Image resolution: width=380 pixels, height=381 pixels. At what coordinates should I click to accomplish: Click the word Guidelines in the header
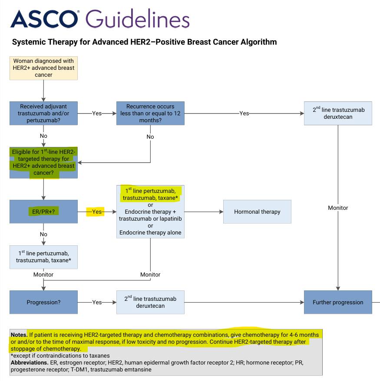pos(137,18)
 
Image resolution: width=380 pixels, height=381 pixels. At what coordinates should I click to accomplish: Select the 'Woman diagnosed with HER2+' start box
pos(43,68)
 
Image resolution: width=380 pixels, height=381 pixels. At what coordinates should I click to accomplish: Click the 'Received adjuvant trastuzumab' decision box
pos(43,113)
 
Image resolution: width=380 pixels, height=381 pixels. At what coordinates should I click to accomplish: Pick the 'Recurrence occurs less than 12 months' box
pos(150,113)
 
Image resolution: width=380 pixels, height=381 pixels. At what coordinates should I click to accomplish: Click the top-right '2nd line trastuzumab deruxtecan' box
pos(338,113)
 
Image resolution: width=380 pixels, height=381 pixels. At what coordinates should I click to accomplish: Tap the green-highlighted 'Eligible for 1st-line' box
pos(43,163)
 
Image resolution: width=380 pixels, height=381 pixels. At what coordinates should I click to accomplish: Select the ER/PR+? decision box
pos(43,212)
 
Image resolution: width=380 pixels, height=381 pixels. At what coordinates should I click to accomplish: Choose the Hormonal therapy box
pos(257,212)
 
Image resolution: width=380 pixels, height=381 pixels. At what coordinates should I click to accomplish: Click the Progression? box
pos(43,302)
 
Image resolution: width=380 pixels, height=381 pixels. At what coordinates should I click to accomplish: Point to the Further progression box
pos(338,302)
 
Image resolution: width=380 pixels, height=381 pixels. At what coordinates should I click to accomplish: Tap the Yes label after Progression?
pos(97,302)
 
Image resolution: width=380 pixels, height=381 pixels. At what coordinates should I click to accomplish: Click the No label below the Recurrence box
pos(150,137)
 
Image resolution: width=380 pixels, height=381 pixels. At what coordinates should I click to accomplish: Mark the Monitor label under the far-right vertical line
pos(338,208)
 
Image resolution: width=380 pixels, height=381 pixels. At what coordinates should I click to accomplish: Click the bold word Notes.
pos(19,335)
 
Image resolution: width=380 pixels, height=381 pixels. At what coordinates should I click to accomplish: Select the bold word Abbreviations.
pos(30,362)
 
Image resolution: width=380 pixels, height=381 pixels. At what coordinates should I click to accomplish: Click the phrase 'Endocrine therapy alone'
pos(150,232)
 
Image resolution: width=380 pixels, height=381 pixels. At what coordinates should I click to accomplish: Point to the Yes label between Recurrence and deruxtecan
pos(244,113)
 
